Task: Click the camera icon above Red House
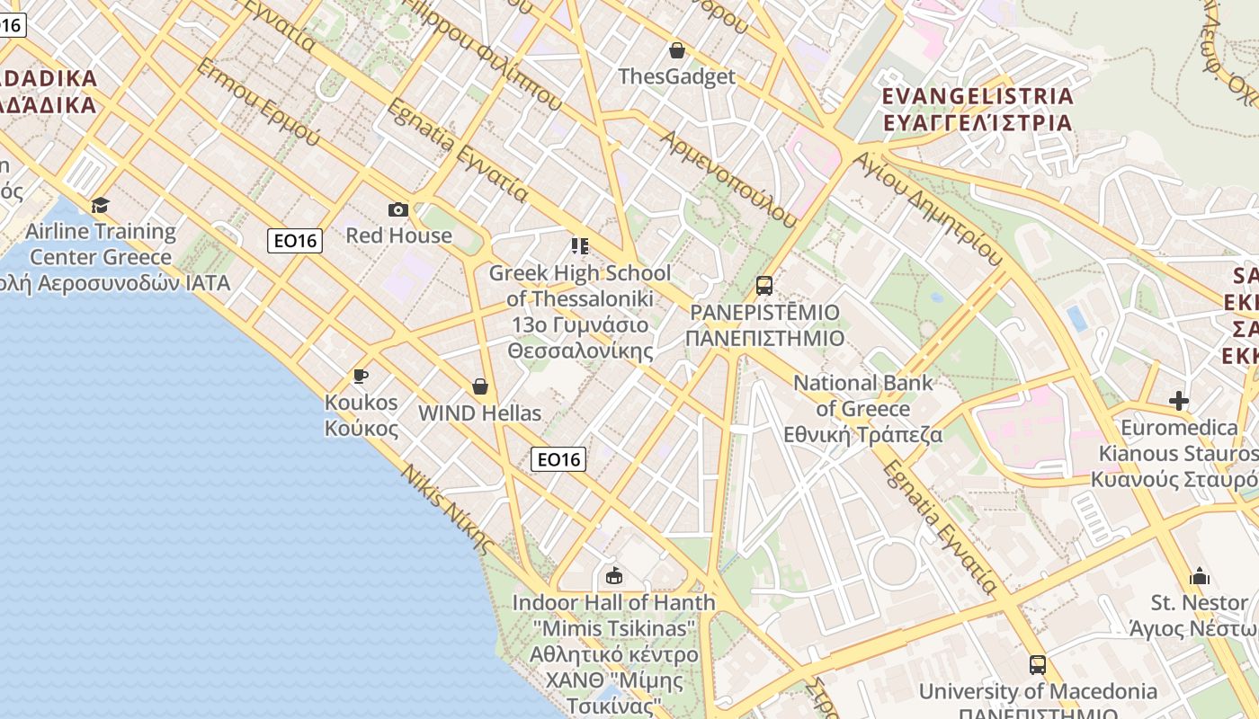tap(398, 209)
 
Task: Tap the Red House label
tap(398, 235)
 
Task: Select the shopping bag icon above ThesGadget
tap(677, 50)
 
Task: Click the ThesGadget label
tap(676, 76)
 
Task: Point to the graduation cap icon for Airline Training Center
tap(100, 205)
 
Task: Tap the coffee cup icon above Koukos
tap(361, 376)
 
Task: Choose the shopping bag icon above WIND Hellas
tap(480, 386)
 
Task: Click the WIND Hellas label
tap(480, 413)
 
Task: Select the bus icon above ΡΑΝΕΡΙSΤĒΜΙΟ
tap(764, 286)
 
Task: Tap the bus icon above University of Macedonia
tap(1038, 665)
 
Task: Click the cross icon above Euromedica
tap(1179, 401)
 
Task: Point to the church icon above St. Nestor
tap(1200, 576)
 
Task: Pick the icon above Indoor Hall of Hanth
tap(614, 575)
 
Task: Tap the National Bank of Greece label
tap(862, 409)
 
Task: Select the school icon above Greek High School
tap(580, 245)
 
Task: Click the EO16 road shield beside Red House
tap(295, 240)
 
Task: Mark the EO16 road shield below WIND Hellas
tap(558, 459)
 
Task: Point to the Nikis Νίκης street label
tap(447, 509)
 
